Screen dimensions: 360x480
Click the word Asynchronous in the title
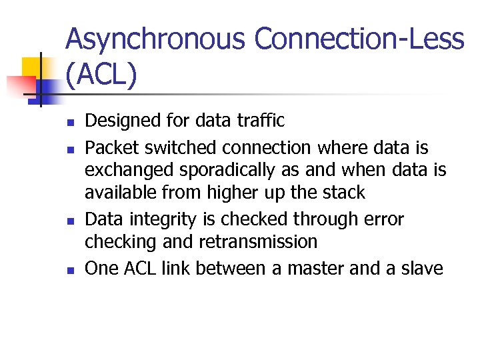[156, 39]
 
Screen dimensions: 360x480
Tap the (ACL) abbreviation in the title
[101, 75]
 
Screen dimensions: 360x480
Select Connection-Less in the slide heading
[359, 39]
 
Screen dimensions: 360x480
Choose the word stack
[345, 193]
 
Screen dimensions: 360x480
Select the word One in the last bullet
[101, 268]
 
